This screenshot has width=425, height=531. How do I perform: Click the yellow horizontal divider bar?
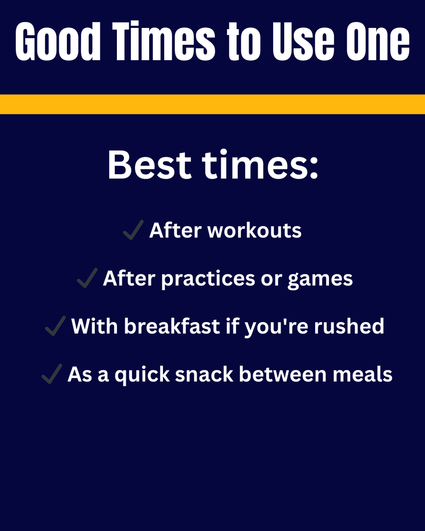click(x=212, y=104)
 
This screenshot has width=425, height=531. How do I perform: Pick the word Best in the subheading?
click(x=150, y=165)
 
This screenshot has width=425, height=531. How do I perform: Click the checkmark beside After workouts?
click(x=133, y=231)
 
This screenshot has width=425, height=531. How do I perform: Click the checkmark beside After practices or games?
click(x=87, y=279)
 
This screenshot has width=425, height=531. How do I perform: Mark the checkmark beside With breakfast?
click(x=55, y=327)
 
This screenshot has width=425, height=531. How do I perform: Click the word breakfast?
click(x=172, y=327)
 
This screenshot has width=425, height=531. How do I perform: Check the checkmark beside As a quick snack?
click(x=51, y=375)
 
